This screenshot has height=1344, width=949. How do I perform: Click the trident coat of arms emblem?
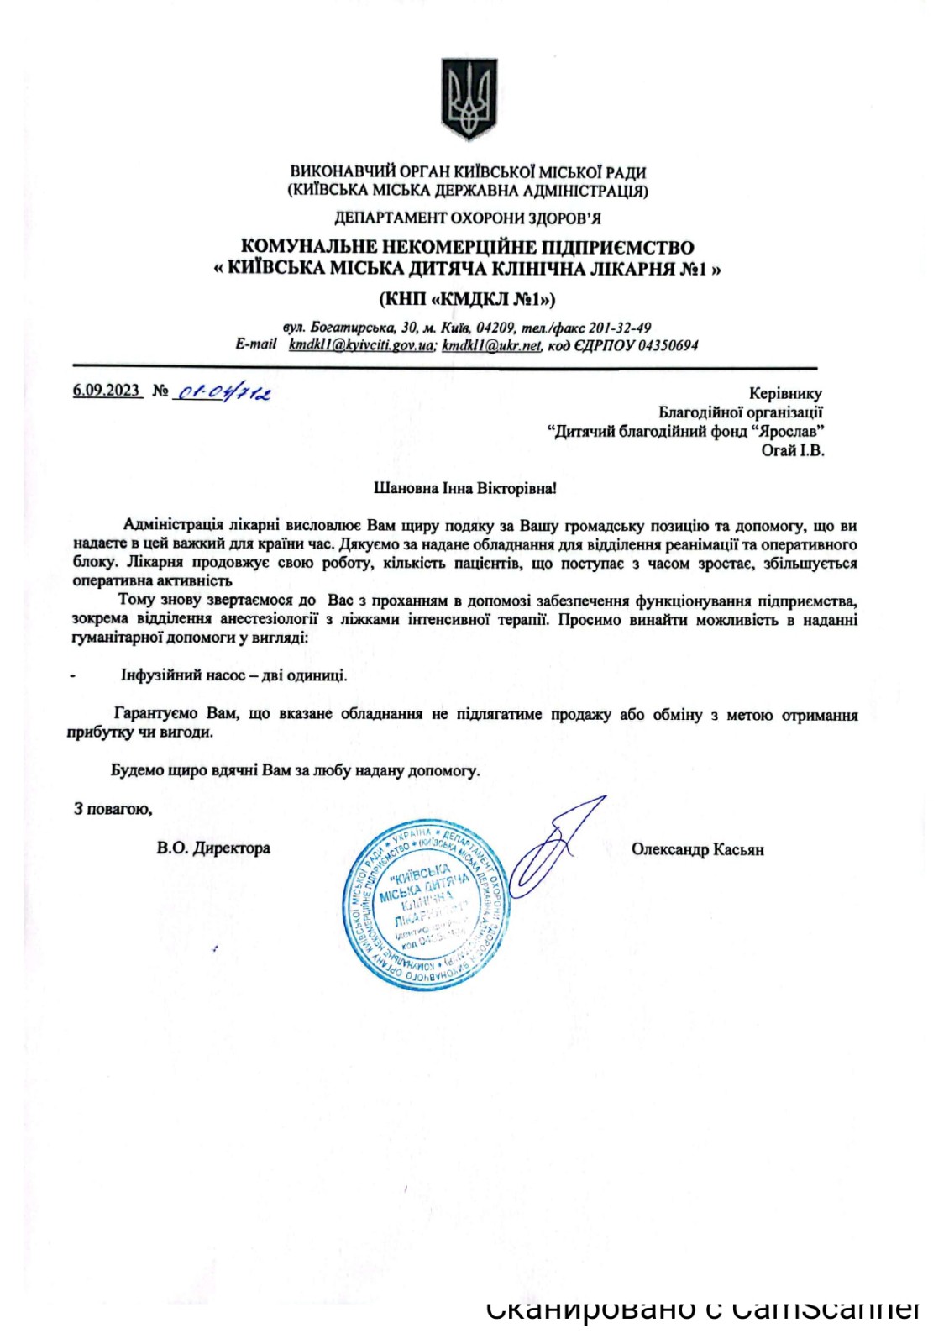(469, 99)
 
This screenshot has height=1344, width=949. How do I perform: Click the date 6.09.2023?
(106, 391)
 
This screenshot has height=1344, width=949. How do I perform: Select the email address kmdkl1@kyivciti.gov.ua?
(361, 345)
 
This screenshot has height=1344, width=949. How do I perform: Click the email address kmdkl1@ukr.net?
(491, 345)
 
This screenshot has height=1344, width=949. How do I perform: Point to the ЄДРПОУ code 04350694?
(668, 345)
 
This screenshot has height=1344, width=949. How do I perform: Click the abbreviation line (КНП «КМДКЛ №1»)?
(467, 299)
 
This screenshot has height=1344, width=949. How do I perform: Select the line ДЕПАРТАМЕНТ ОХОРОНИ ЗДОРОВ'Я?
(467, 218)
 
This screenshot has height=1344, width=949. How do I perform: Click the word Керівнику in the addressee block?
(785, 393)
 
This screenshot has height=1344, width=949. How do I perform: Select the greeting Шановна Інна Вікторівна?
(464, 488)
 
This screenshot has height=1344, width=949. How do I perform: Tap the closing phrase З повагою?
(113, 809)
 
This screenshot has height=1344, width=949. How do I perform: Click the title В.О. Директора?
(213, 848)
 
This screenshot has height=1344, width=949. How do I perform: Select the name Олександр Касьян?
(697, 850)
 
